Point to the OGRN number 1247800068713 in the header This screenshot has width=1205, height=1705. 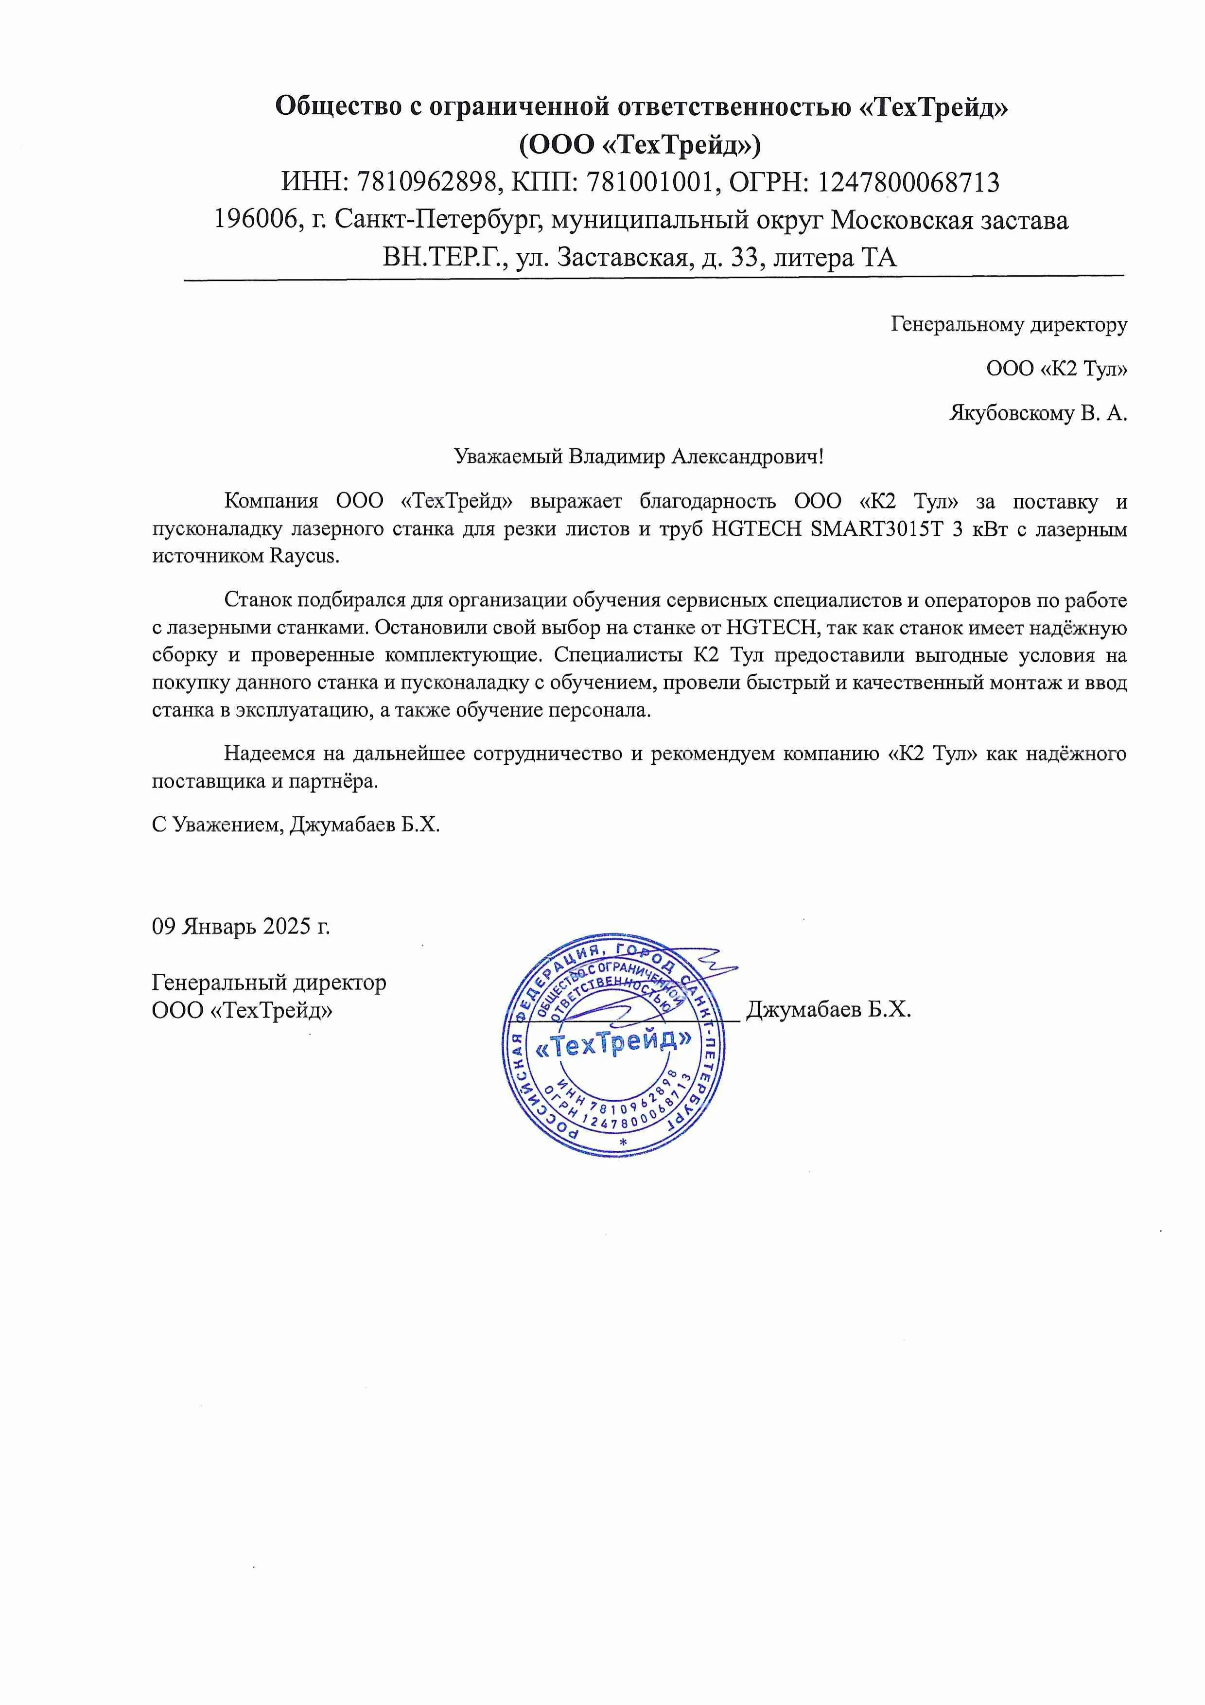pyautogui.click(x=909, y=182)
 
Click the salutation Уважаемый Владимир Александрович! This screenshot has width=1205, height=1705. pyautogui.click(x=639, y=456)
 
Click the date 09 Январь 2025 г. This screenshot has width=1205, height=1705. pyautogui.click(x=241, y=926)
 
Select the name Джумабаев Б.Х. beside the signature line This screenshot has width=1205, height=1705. pyautogui.click(x=828, y=1009)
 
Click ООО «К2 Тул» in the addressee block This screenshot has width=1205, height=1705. pyautogui.click(x=1056, y=369)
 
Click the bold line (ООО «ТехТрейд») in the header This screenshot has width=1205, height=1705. pyautogui.click(x=640, y=144)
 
